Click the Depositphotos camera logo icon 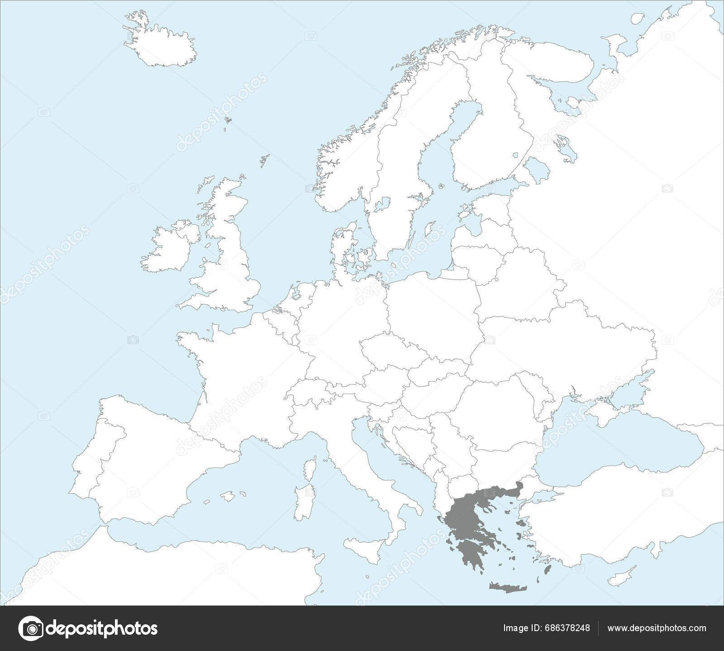(x=31, y=628)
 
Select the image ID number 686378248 (x=566, y=628)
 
